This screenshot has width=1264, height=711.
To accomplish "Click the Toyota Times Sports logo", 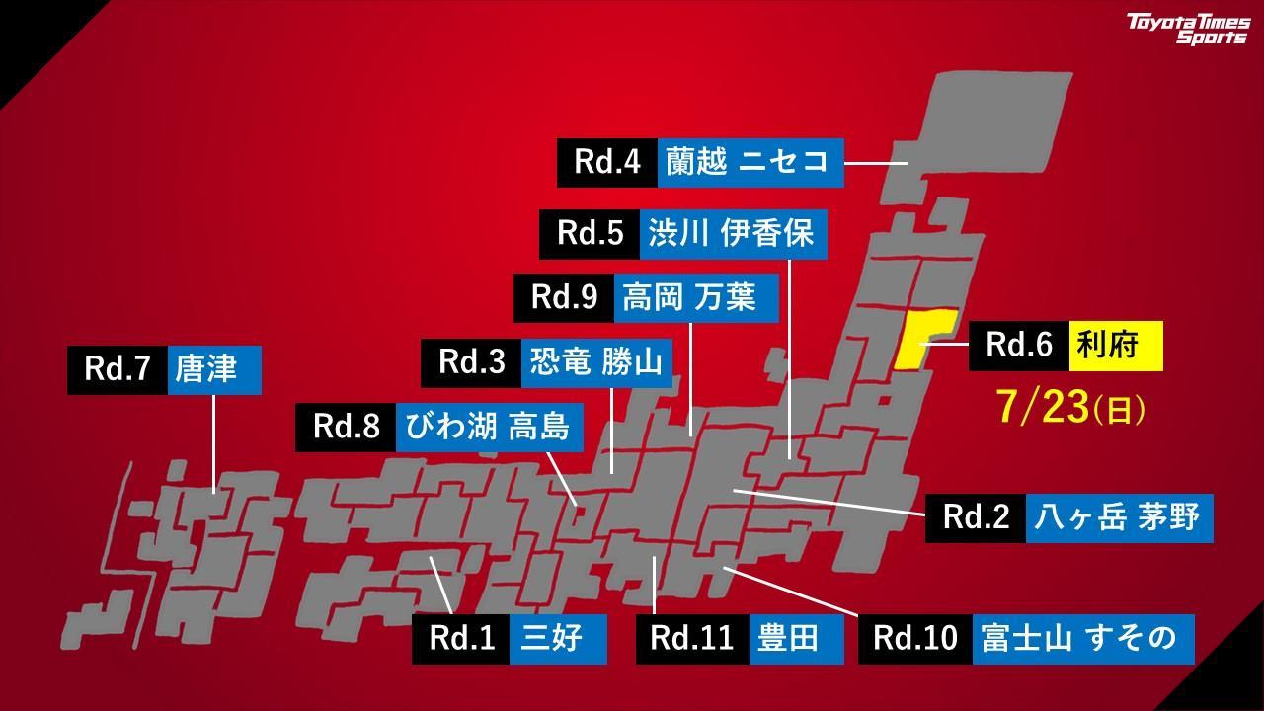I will pyautogui.click(x=1189, y=29).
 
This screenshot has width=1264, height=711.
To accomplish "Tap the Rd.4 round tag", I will pyautogui.click(x=607, y=162).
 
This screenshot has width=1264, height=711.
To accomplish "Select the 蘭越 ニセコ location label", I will pyautogui.click(x=750, y=162).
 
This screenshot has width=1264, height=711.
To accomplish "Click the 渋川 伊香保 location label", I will pyautogui.click(x=732, y=234).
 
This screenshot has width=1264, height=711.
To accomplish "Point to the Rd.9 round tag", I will pyautogui.click(x=564, y=297).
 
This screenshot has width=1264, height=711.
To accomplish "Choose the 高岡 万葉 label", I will pyautogui.click(x=696, y=297).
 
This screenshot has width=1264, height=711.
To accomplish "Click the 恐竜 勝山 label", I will pyautogui.click(x=596, y=362).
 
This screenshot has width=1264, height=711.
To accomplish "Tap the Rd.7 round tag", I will pyautogui.click(x=118, y=369).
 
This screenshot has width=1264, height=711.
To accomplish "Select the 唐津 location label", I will pyautogui.click(x=213, y=369).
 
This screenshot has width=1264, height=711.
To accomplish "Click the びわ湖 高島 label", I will pyautogui.click(x=489, y=427).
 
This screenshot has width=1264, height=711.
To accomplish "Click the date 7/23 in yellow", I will pyautogui.click(x=1071, y=407).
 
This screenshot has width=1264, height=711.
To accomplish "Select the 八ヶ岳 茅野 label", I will pyautogui.click(x=1119, y=517).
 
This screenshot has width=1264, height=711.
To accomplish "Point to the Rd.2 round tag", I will pyautogui.click(x=976, y=517).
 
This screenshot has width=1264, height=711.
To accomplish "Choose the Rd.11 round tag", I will pyautogui.click(x=692, y=638).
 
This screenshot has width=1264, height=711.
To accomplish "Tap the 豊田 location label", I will pyautogui.click(x=796, y=638).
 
